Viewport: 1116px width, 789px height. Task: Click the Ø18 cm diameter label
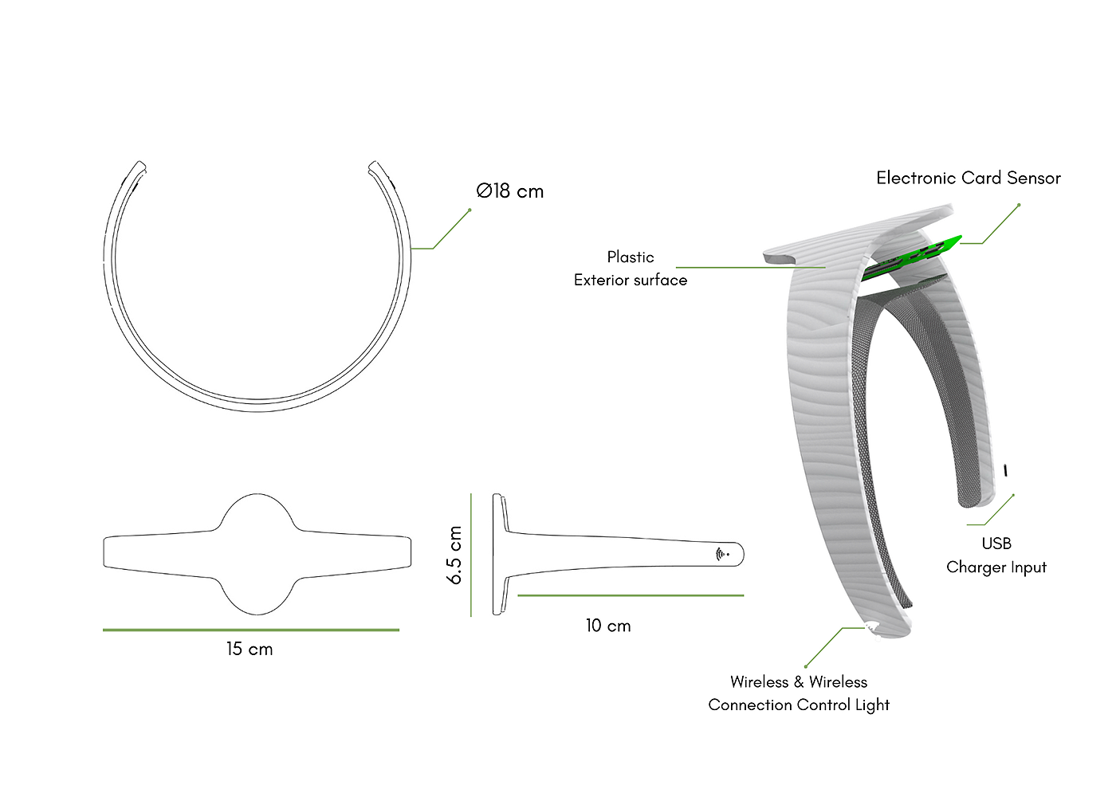[x=510, y=191]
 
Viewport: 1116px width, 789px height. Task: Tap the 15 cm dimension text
[x=250, y=650]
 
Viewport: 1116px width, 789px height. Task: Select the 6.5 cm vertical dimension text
[x=455, y=555]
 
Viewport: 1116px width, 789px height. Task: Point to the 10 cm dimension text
[x=608, y=626]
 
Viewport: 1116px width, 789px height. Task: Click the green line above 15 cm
[x=251, y=630]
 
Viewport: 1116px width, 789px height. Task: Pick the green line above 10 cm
[x=630, y=595]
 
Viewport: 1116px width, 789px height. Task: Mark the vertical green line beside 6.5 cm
[x=471, y=555]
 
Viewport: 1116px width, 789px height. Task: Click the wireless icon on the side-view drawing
[x=721, y=554]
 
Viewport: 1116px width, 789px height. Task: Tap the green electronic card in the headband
[x=917, y=257]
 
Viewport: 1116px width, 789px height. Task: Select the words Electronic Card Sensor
[x=969, y=179]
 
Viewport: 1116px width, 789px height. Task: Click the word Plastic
[x=631, y=257]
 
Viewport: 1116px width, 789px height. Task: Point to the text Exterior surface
[x=631, y=281]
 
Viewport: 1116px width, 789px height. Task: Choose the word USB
[x=996, y=544]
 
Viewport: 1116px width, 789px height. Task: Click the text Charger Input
[x=996, y=567]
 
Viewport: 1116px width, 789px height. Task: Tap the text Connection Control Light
[x=799, y=705]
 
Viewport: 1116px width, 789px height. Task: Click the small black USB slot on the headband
[x=1005, y=471]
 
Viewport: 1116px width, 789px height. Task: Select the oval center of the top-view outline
[x=257, y=554]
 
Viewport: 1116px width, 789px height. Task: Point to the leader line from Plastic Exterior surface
[x=749, y=267]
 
